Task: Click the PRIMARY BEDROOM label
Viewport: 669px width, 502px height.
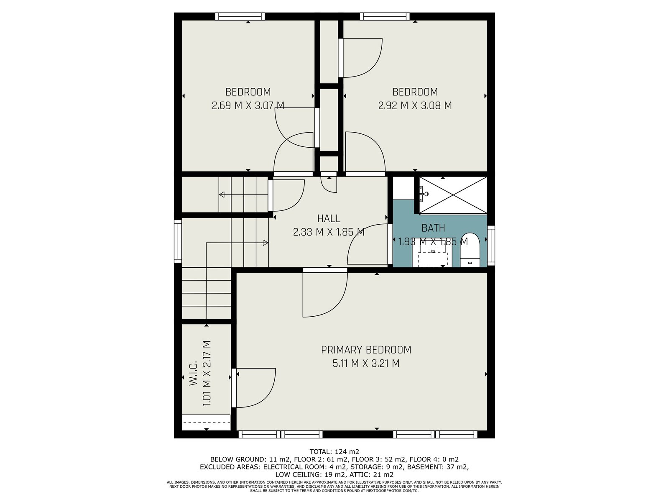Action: [366, 350]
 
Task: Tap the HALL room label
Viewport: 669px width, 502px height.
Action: [329, 218]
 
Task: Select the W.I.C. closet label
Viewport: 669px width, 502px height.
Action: [194, 373]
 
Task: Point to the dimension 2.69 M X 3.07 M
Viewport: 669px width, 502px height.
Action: [248, 105]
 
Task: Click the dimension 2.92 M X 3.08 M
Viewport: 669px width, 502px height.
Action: [415, 105]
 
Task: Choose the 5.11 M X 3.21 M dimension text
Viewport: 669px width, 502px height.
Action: [366, 363]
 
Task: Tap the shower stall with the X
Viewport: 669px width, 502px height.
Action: [453, 195]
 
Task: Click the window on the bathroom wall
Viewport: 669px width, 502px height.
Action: [491, 246]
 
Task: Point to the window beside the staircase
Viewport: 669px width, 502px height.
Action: [178, 241]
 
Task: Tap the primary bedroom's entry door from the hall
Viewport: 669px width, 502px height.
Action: [325, 293]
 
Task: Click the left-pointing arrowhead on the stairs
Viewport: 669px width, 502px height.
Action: [222, 195]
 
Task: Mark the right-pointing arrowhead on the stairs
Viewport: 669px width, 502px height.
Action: [266, 243]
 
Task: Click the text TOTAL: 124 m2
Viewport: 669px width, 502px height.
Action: [334, 452]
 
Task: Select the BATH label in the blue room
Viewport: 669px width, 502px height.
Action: [433, 228]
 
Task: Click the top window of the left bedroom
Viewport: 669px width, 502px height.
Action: [240, 16]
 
